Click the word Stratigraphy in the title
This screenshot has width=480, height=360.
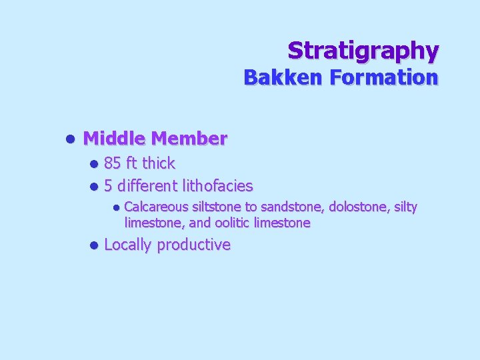coord(363,50)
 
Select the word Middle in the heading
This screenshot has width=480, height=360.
coord(114,139)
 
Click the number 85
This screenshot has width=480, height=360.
coord(113,163)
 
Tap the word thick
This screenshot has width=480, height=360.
coord(159,163)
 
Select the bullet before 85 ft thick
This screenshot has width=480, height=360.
coord(95,164)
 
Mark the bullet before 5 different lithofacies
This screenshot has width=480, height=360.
coord(95,186)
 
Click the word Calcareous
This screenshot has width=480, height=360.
coord(158,207)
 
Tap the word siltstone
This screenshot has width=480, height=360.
coord(219,207)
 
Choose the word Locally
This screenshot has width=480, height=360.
coord(128,245)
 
